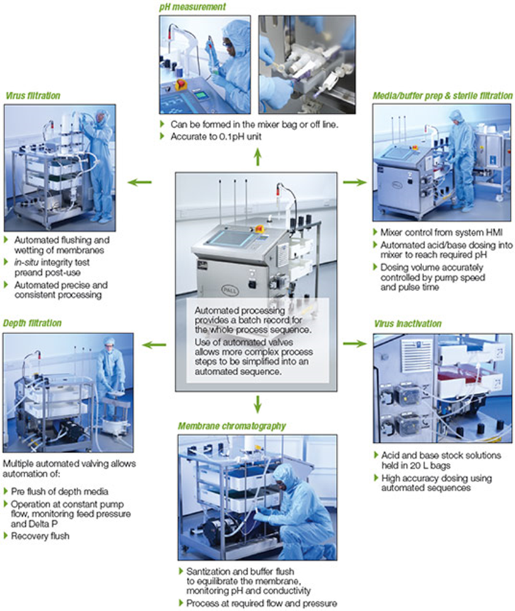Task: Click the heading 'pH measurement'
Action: click(192, 7)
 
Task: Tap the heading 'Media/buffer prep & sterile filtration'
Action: click(442, 96)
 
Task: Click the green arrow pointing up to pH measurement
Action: click(258, 158)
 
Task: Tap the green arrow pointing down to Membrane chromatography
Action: click(258, 403)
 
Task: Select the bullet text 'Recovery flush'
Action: click(42, 536)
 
